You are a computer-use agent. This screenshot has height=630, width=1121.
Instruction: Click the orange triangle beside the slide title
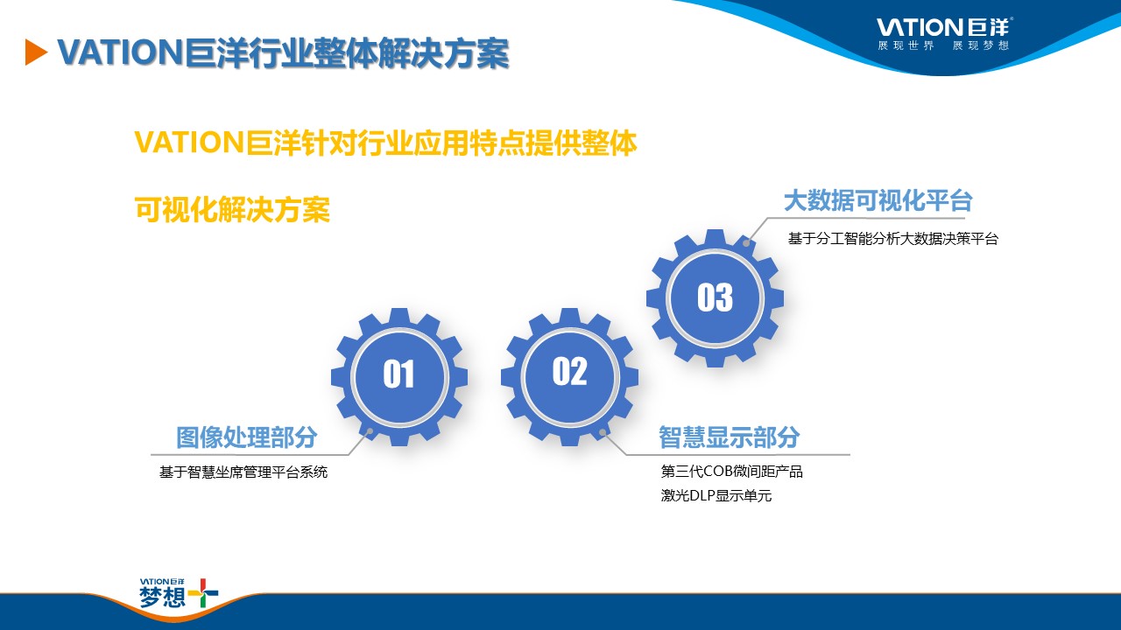35,52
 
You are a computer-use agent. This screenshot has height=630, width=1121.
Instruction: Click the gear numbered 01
399,377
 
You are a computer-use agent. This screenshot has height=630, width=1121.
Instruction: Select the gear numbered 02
569,377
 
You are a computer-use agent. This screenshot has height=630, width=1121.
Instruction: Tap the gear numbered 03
715,298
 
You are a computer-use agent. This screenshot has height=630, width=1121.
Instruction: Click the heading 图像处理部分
247,437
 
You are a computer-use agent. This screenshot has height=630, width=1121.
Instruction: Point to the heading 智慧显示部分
730,437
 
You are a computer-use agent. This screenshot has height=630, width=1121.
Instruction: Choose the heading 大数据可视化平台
878,201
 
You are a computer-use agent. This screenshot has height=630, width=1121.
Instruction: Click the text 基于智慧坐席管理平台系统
243,472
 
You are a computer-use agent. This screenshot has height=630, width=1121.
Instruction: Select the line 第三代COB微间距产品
731,471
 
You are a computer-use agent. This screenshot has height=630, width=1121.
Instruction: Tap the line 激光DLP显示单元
716,495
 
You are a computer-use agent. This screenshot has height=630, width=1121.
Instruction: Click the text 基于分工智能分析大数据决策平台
893,239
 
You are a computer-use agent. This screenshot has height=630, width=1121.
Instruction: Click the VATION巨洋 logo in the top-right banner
945,27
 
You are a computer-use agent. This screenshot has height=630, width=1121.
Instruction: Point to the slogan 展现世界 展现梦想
943,45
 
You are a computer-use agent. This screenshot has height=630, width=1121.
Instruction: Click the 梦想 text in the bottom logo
162,597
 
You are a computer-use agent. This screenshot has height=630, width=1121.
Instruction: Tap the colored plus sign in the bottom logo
202,593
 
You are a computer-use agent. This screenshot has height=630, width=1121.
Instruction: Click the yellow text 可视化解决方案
232,209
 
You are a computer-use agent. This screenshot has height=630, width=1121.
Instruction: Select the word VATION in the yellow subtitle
189,143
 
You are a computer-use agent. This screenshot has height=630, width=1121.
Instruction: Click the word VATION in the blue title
119,52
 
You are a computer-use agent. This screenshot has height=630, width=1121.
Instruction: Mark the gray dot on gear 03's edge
746,243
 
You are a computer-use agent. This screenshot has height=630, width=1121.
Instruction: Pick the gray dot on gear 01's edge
370,431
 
